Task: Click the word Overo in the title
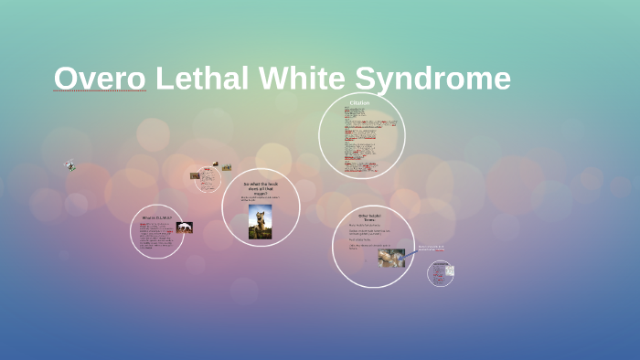coord(100,79)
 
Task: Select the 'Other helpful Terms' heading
coord(369,217)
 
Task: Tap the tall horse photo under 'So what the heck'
coord(261,221)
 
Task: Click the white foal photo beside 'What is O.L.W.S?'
coord(184,228)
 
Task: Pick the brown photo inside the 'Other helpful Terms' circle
coord(391,259)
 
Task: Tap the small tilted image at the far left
coord(69,166)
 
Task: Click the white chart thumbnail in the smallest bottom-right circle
coord(450,270)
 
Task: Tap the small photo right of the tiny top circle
coord(226,167)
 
